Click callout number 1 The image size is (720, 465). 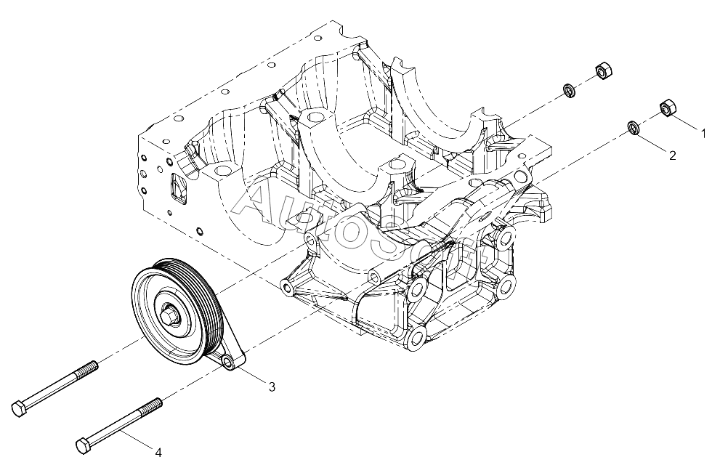(x=703, y=134)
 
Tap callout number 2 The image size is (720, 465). (x=672, y=155)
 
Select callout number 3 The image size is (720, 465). (x=272, y=387)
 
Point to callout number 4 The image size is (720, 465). (x=158, y=453)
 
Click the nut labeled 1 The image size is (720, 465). (x=668, y=108)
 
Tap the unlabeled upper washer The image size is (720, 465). (x=570, y=90)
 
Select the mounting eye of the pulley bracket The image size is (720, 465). (x=227, y=363)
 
